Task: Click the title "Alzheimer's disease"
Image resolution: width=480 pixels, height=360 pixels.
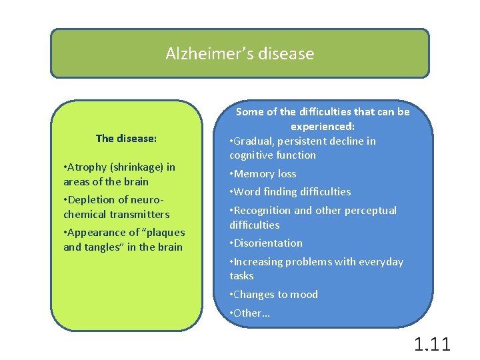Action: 240,53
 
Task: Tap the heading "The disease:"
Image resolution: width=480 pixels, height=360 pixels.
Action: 127,139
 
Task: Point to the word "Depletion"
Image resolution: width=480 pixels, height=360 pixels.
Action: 91,200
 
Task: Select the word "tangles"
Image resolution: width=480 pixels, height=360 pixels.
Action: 101,247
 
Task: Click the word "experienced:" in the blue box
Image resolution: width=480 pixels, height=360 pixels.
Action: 323,126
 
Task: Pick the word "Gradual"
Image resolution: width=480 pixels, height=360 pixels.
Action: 255,141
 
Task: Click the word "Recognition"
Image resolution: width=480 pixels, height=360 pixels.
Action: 263,211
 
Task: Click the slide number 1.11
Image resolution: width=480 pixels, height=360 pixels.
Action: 432,345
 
